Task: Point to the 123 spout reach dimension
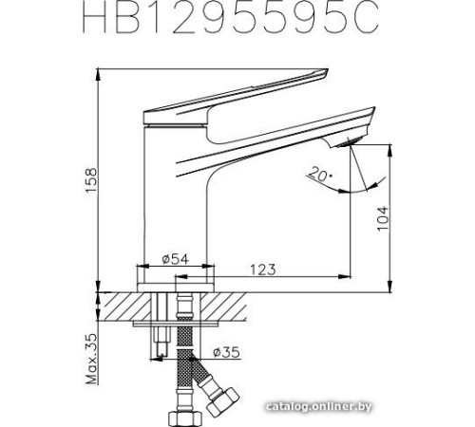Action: pyautogui.click(x=264, y=269)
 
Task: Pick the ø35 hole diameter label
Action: pyautogui.click(x=226, y=352)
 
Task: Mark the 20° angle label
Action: pyautogui.click(x=319, y=173)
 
